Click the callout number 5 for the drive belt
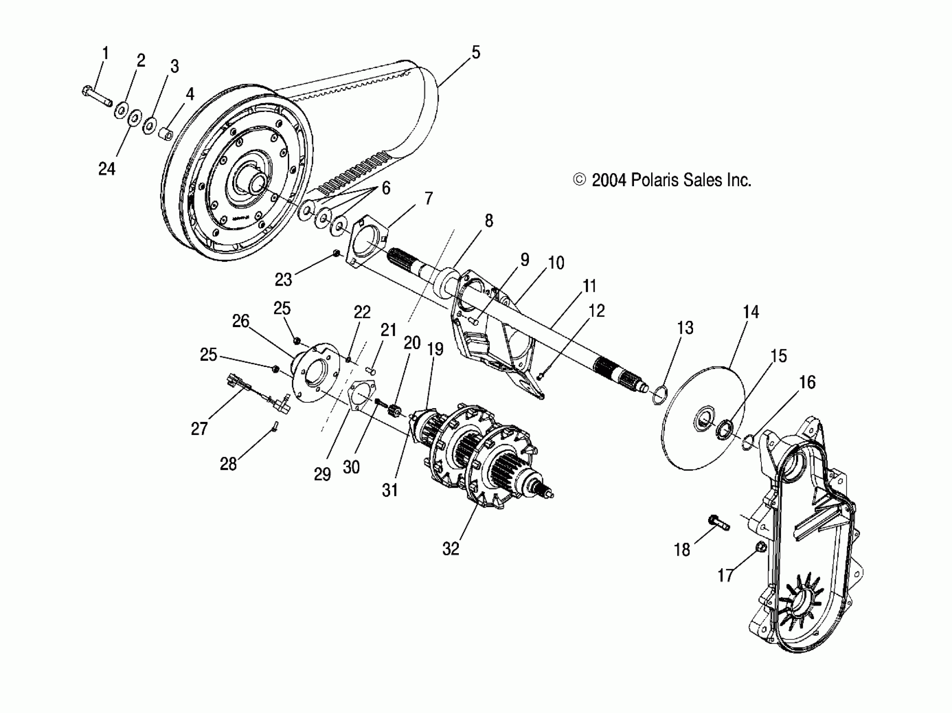point(475,52)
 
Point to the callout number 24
point(107,169)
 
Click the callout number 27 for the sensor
point(199,428)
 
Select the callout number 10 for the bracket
point(556,263)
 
